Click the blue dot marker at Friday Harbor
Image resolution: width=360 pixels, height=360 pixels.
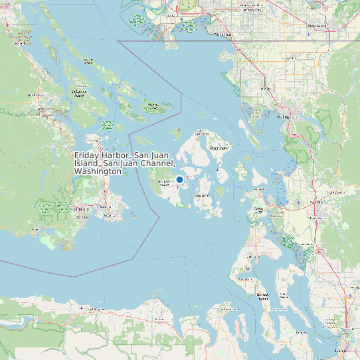point(179,179)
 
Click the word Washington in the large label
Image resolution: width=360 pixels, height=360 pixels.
point(98,171)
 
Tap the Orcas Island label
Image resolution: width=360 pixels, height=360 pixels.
point(219,148)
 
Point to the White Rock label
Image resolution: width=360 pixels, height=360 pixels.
point(223,34)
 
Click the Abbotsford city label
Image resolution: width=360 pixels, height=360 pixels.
point(317,26)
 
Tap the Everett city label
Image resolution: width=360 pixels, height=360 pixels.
point(340,349)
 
